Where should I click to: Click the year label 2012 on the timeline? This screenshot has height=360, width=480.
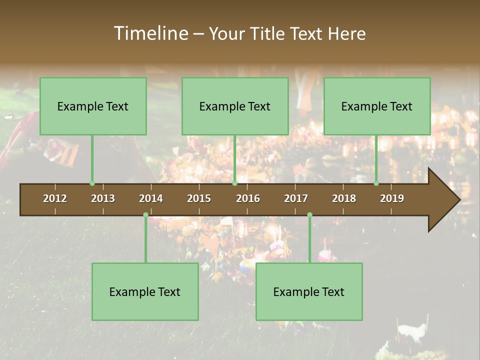point(55,198)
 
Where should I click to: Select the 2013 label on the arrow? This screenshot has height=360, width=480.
point(103,198)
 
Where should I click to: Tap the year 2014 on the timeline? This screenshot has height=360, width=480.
point(151,198)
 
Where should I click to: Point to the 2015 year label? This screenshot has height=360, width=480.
point(199,198)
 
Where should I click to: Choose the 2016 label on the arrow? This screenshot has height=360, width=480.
point(248,198)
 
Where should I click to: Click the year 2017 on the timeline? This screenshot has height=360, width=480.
point(296,198)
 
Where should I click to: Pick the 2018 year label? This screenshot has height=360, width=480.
point(344,198)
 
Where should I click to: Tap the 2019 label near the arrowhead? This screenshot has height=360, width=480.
point(392,198)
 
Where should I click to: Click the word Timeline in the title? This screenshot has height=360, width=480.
point(150,33)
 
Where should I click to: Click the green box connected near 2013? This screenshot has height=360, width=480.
point(93,106)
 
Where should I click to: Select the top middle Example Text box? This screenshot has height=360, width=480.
point(235,106)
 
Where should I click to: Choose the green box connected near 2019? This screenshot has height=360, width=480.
point(377,106)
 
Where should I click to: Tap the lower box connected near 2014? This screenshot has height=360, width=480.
point(145,291)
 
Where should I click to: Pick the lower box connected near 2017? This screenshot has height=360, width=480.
point(309,291)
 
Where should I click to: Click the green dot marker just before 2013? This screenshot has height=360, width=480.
point(92,183)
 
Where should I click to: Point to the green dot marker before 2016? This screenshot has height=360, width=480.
point(235,183)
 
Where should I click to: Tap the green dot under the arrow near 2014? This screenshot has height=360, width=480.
point(145,215)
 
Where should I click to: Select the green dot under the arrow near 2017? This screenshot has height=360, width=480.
point(309,215)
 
